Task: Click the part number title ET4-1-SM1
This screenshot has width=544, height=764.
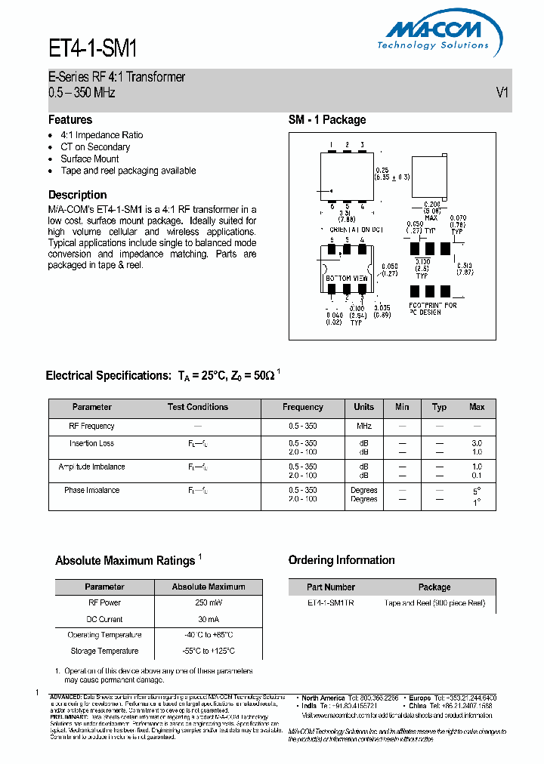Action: point(93,49)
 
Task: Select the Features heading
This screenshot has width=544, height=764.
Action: point(70,120)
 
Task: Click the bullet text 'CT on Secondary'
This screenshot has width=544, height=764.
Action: point(95,147)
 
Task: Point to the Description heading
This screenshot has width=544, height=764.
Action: point(77,195)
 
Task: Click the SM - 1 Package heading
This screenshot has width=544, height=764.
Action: point(327,120)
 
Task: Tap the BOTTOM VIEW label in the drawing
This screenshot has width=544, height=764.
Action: point(347,279)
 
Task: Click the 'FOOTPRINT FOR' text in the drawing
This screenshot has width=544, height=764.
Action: point(433,305)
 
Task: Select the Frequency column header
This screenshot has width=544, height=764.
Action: point(302,407)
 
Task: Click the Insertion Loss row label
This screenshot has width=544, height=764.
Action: point(91,444)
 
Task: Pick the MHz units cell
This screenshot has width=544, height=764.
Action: point(363,427)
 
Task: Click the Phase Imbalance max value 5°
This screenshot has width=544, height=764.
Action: point(477,491)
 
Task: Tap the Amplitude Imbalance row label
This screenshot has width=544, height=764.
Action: point(91,467)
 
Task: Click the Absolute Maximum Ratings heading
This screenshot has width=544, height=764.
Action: point(125,561)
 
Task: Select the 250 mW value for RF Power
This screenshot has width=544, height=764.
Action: point(209,603)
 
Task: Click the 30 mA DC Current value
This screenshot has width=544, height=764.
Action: point(209,619)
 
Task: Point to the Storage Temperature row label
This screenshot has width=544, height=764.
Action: point(104,651)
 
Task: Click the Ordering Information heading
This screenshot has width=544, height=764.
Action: point(342,560)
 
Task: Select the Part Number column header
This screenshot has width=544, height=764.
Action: point(331,587)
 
